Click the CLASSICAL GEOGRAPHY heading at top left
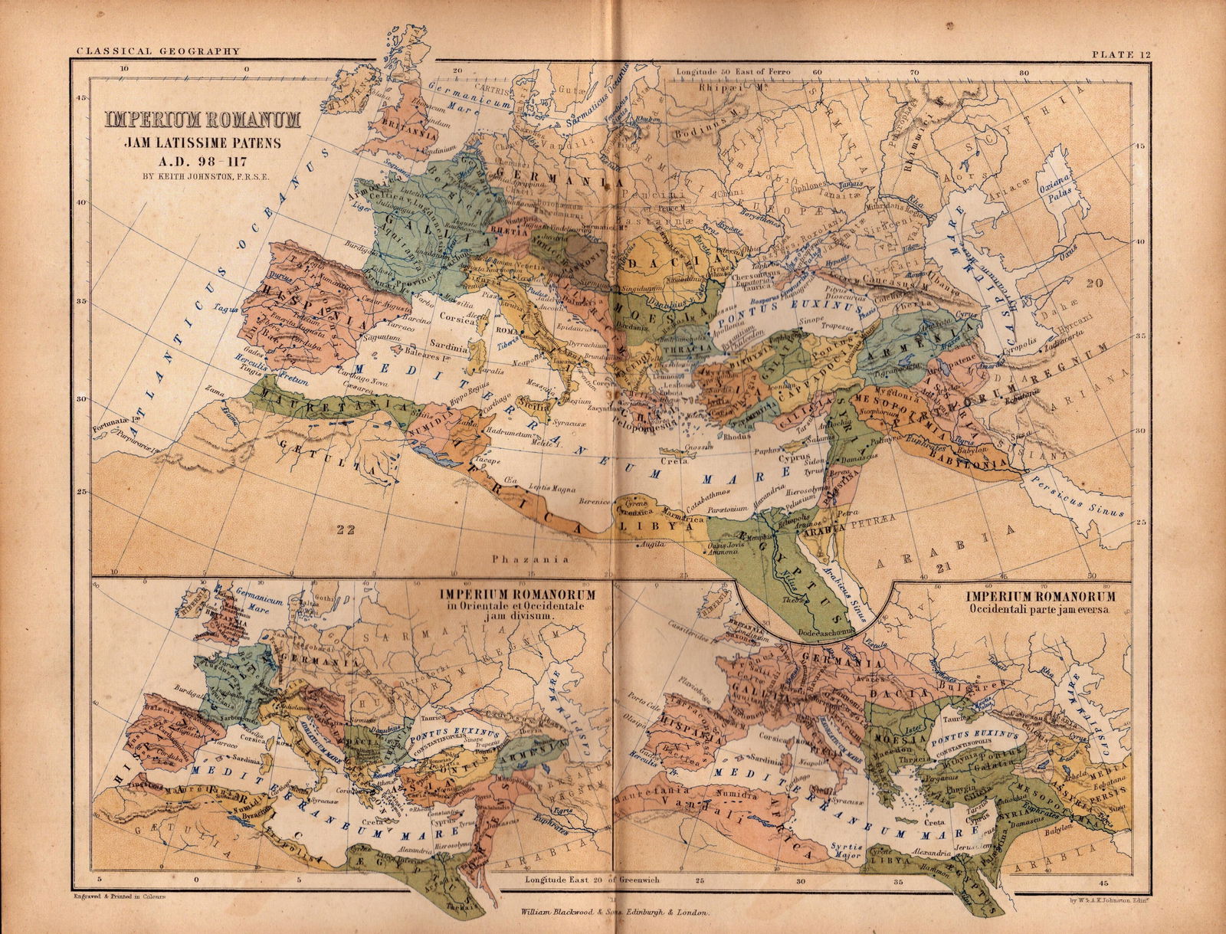click(x=159, y=52)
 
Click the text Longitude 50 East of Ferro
click(x=733, y=71)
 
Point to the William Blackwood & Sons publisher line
click(x=615, y=913)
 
